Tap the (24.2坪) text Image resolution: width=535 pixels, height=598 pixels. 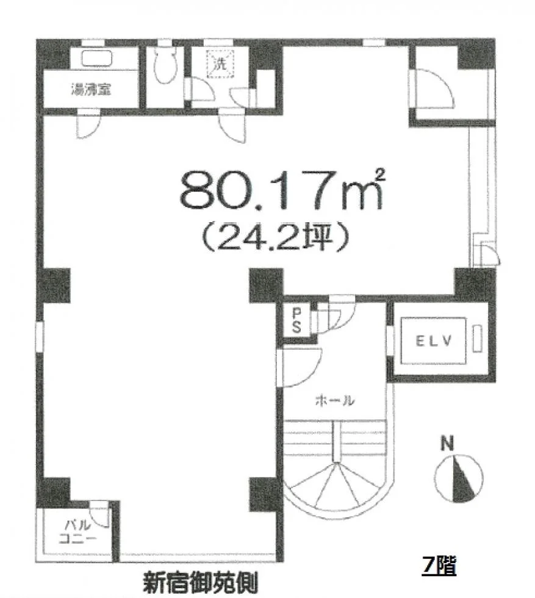[x=275, y=237]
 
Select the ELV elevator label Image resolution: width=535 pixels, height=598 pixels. [x=433, y=340]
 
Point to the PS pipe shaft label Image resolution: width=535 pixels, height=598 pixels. [x=296, y=320]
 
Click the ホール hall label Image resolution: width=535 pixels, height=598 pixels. [x=335, y=400]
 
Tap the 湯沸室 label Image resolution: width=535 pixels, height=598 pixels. [x=91, y=90]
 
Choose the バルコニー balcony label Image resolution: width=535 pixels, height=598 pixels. [x=78, y=532]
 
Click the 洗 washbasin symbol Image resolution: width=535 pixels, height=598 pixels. [x=220, y=63]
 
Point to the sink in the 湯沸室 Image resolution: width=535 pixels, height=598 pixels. [x=97, y=59]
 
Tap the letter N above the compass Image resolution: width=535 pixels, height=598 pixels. [x=447, y=444]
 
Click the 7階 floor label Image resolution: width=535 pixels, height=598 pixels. [x=439, y=565]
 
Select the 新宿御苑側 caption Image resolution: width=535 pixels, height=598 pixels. [x=200, y=582]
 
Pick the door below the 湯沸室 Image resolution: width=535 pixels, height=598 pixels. [x=88, y=124]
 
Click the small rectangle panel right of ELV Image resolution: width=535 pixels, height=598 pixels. [x=477, y=339]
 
